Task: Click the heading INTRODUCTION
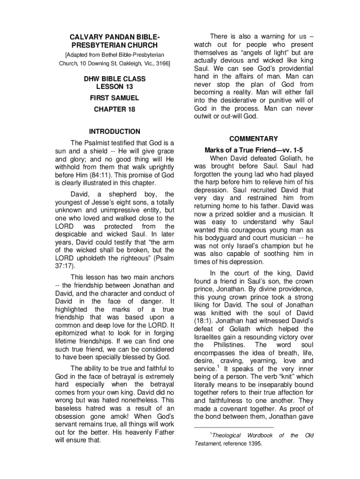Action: (115, 131)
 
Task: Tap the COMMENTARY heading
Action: (254, 139)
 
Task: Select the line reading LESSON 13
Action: (115, 87)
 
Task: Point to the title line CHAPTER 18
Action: (115, 109)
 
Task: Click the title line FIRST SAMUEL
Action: (115, 99)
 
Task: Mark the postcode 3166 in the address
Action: (161, 63)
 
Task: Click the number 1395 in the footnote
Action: (252, 443)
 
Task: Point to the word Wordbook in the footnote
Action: (260, 435)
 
